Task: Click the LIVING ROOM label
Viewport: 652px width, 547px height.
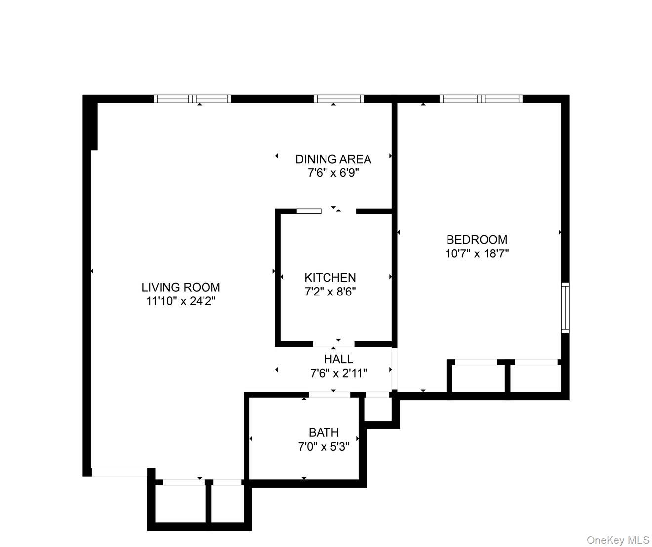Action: pos(181,287)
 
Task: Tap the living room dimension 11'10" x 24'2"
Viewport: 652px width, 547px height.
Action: pos(181,301)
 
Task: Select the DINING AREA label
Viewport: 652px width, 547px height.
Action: pos(333,159)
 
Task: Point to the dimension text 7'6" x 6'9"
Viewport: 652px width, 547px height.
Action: pos(333,173)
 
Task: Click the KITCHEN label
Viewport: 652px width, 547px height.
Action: pos(330,278)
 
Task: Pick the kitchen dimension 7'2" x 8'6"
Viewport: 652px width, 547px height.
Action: pos(330,292)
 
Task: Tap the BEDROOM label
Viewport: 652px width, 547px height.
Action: pos(477,240)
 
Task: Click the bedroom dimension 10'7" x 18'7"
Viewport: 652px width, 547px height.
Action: pos(477,254)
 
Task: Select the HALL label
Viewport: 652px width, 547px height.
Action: pos(338,359)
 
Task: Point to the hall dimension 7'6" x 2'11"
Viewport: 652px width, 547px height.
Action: pos(338,373)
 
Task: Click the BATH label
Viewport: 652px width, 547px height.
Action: pos(324,433)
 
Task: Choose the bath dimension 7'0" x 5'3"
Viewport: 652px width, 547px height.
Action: pos(324,447)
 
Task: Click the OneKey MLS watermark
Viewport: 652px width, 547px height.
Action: pos(617,540)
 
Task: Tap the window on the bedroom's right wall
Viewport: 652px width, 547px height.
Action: pos(565,307)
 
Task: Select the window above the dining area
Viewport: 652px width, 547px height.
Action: pos(338,99)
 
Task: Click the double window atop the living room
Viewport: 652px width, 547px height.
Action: pos(192,99)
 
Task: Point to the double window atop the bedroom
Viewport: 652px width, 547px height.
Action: pos(481,99)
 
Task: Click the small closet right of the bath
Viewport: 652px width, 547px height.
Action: pos(378,409)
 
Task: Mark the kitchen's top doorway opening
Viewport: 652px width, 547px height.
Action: pos(338,211)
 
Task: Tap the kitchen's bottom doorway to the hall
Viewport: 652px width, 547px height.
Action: pos(334,344)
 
